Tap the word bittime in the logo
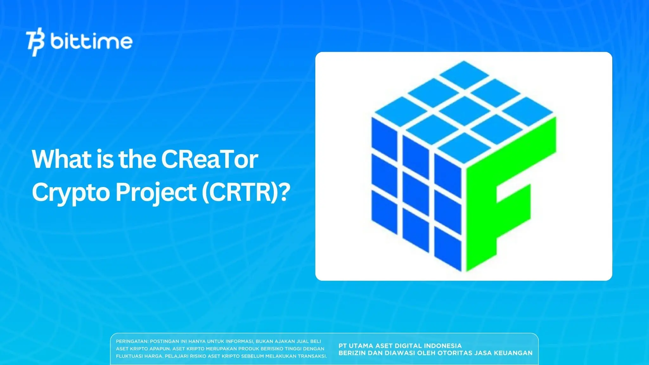click(91, 42)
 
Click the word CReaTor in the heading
click(209, 159)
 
